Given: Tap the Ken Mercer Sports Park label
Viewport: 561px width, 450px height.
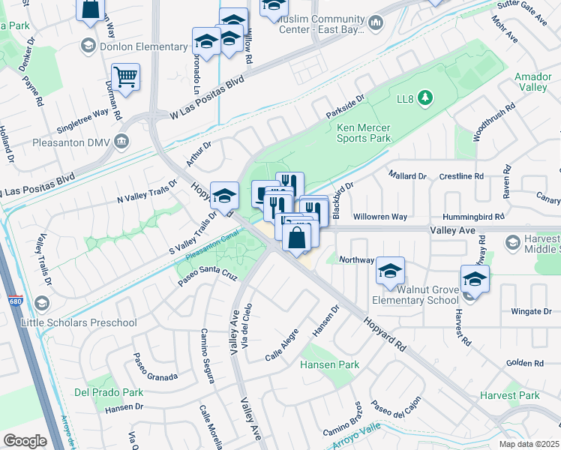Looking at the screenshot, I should [364, 133].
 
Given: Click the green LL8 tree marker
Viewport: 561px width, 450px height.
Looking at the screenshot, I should [425, 97].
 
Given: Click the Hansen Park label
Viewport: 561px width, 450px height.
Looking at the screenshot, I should [329, 364].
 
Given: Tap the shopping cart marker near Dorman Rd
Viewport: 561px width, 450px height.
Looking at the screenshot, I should [125, 76].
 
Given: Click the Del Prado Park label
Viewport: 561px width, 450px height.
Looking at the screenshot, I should [108, 392].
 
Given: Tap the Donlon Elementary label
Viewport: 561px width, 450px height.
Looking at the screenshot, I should [145, 46].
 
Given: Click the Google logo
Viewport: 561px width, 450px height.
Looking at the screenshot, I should [25, 441].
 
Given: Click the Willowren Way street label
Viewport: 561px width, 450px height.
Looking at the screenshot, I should [379, 216].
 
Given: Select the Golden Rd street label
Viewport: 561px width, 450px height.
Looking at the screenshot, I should [524, 363].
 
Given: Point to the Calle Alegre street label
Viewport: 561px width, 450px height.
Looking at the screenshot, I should [282, 345].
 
